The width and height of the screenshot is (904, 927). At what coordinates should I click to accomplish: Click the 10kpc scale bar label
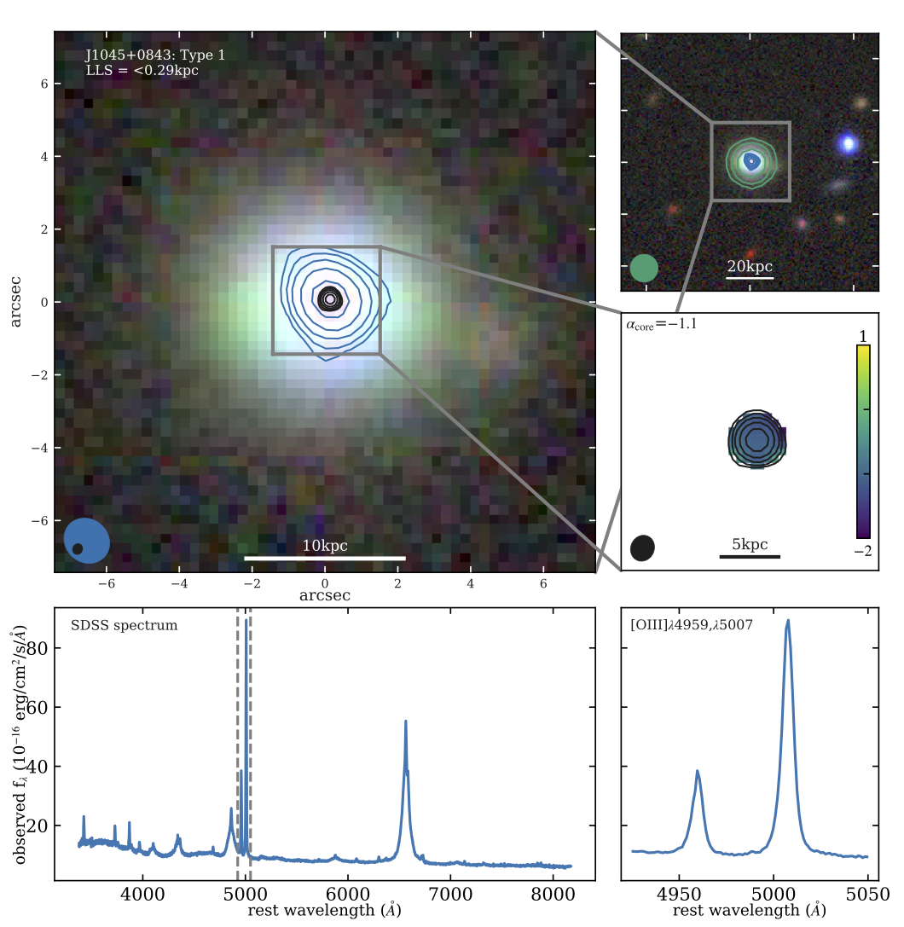point(325,546)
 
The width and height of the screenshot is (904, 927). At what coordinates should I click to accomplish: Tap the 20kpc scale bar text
point(750,266)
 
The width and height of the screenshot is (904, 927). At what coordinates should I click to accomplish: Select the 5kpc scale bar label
point(750,545)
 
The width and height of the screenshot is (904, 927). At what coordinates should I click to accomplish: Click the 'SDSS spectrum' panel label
point(124,625)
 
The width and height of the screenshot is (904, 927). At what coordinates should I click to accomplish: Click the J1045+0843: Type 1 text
point(155,55)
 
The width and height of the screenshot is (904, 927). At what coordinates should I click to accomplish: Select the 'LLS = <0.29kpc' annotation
point(142,70)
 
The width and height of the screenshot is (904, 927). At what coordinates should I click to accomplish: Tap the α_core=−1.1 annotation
point(663,323)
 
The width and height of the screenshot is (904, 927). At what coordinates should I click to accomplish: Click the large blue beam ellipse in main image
point(88,540)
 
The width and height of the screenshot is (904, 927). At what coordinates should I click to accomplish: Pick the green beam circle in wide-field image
point(645,268)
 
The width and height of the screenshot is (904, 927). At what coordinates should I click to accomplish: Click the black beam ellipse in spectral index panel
point(642,548)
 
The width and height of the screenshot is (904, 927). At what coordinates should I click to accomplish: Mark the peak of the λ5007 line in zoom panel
point(788,621)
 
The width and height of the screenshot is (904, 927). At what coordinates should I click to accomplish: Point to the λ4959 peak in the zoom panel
point(698,771)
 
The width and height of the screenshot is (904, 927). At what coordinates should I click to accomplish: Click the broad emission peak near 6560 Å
point(405,721)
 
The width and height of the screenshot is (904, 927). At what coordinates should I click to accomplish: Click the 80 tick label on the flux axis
point(34,648)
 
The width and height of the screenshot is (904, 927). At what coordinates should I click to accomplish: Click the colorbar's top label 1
point(863,334)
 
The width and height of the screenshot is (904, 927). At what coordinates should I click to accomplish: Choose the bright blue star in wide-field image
point(848,143)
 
